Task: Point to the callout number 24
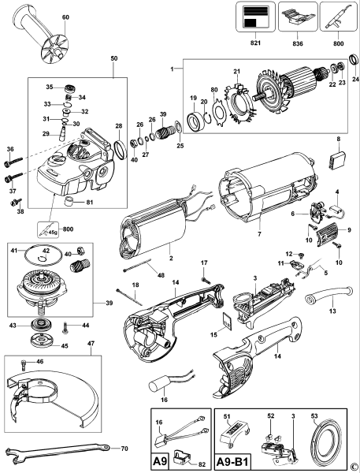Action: click(355, 80)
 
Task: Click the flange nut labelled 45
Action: click(37, 341)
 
